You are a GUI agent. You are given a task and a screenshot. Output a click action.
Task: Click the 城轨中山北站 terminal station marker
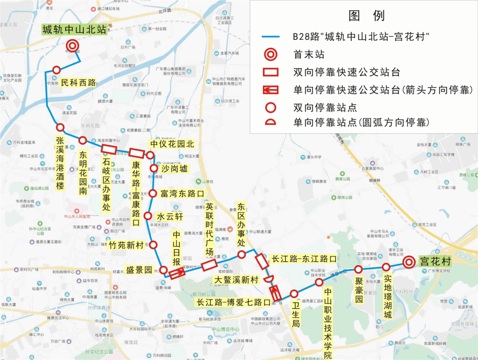click(x=72, y=46)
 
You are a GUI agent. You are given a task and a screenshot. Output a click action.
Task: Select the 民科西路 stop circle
click(x=57, y=70)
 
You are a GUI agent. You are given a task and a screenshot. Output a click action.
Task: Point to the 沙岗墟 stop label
click(x=174, y=169)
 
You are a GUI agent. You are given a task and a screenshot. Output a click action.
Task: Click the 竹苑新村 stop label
click(x=127, y=245)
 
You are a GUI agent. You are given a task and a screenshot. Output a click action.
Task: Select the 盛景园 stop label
click(x=139, y=270)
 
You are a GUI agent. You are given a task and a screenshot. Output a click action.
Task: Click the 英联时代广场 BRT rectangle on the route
click(x=209, y=265)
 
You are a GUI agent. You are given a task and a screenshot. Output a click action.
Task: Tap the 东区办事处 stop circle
click(x=242, y=254)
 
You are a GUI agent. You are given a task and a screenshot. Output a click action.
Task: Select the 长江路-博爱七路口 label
click(x=232, y=303)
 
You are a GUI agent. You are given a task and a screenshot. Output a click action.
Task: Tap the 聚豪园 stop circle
click(x=358, y=269)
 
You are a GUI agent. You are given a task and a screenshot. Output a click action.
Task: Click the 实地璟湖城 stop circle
click(x=386, y=267)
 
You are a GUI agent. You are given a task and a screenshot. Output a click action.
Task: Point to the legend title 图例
click(x=366, y=16)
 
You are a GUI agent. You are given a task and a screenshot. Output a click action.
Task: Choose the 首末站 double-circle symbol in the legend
click(x=271, y=54)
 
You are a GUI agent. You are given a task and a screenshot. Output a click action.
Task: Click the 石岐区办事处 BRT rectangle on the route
click(x=109, y=149)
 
